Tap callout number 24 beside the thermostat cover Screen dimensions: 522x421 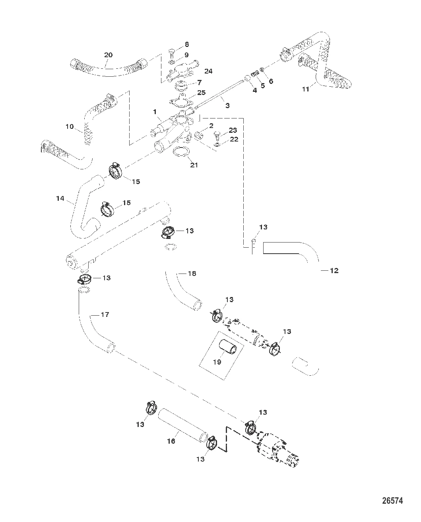(x=208, y=71)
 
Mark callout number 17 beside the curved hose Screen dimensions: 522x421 (x=105, y=314)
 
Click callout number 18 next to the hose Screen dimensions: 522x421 (x=192, y=274)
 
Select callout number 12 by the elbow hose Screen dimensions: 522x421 (x=334, y=270)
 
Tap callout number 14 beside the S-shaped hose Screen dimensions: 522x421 (x=60, y=198)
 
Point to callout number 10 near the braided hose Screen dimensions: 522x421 (x=70, y=127)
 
